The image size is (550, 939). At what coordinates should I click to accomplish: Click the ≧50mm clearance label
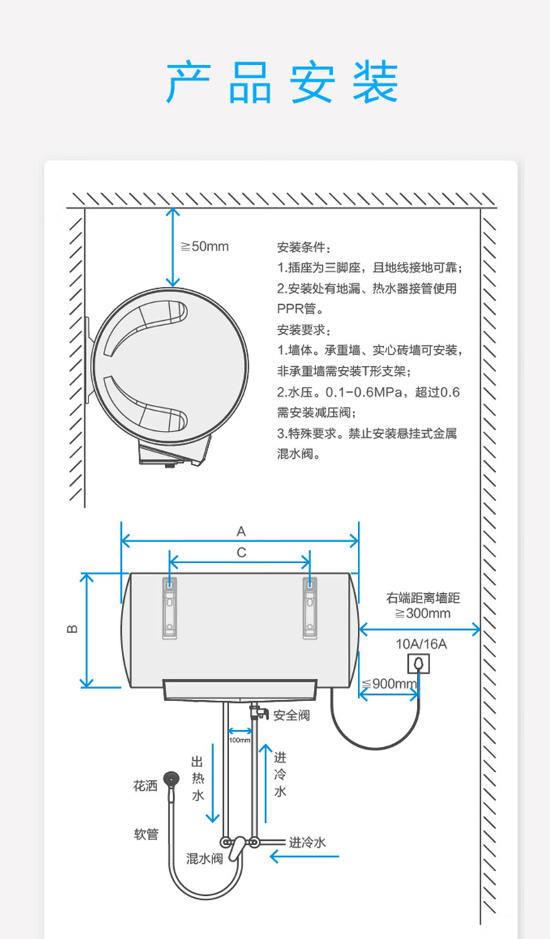coord(205,246)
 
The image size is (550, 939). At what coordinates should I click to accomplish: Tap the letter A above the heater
coord(241,532)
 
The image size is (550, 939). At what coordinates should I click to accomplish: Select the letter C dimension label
coord(241,553)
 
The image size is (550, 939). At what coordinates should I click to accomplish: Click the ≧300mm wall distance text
coord(423,613)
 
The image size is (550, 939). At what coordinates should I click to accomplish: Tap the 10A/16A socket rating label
coord(421,644)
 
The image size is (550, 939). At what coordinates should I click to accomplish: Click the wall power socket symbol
coord(418,663)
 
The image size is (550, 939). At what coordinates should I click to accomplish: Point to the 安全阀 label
coord(292,715)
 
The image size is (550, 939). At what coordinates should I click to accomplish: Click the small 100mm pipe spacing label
coord(239,741)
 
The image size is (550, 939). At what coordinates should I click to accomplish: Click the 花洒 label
coord(145,786)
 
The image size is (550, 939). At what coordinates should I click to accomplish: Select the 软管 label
coord(146,834)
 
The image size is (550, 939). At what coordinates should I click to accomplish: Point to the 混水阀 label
coord(205,858)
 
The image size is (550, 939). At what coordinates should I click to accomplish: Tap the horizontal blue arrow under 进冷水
coord(304,856)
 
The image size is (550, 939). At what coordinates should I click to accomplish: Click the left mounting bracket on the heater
coord(169,608)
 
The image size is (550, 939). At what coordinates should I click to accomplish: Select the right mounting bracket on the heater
coord(310,608)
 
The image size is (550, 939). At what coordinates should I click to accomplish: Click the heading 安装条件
coord(304,247)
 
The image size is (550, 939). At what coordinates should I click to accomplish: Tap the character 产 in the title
coord(188,81)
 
